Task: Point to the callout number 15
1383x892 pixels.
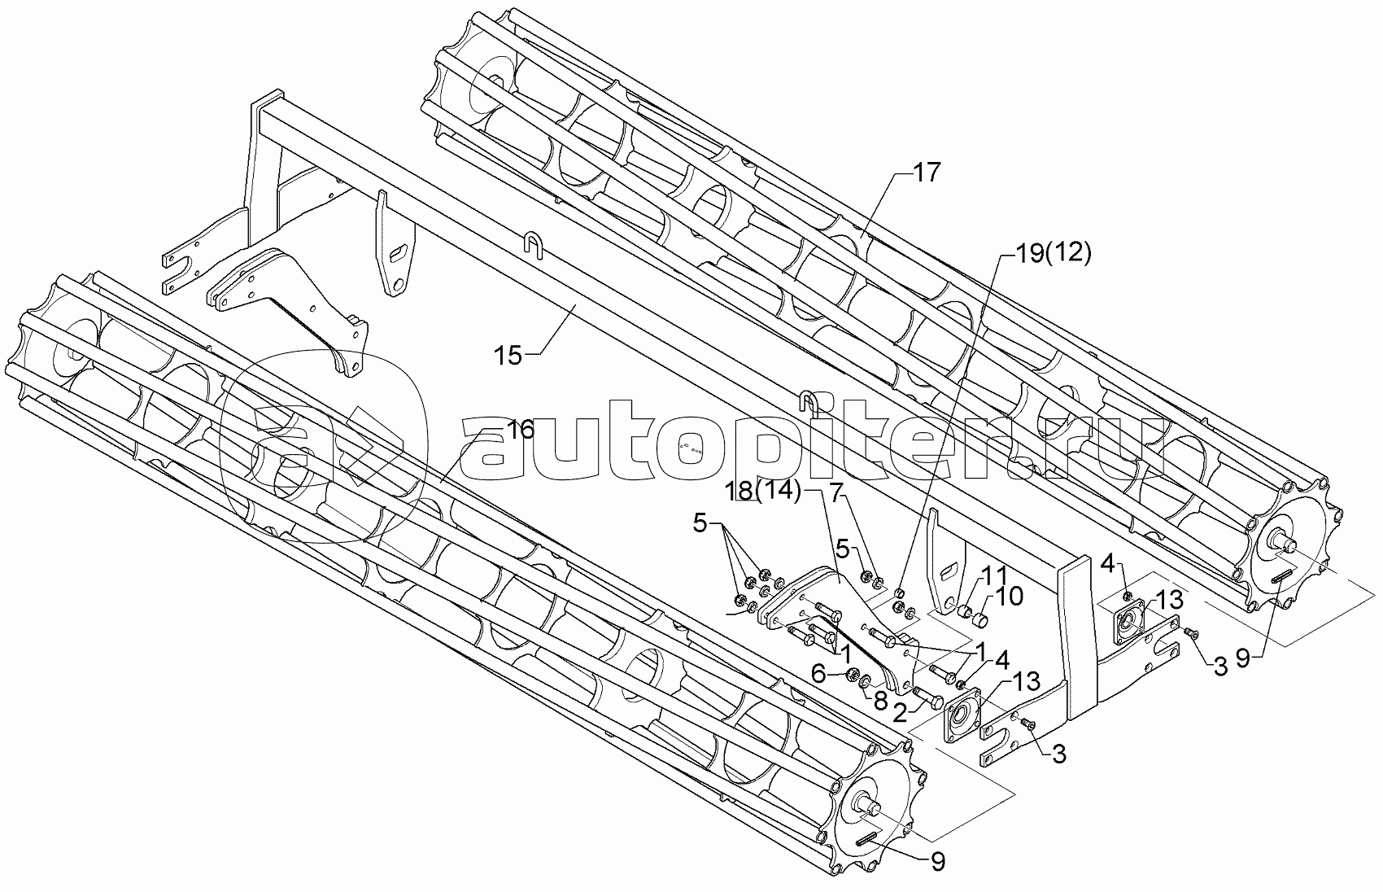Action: [x=508, y=355]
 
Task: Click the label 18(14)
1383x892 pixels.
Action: [x=763, y=491]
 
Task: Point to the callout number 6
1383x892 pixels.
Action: [x=819, y=672]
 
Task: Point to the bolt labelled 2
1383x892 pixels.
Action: [x=927, y=697]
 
